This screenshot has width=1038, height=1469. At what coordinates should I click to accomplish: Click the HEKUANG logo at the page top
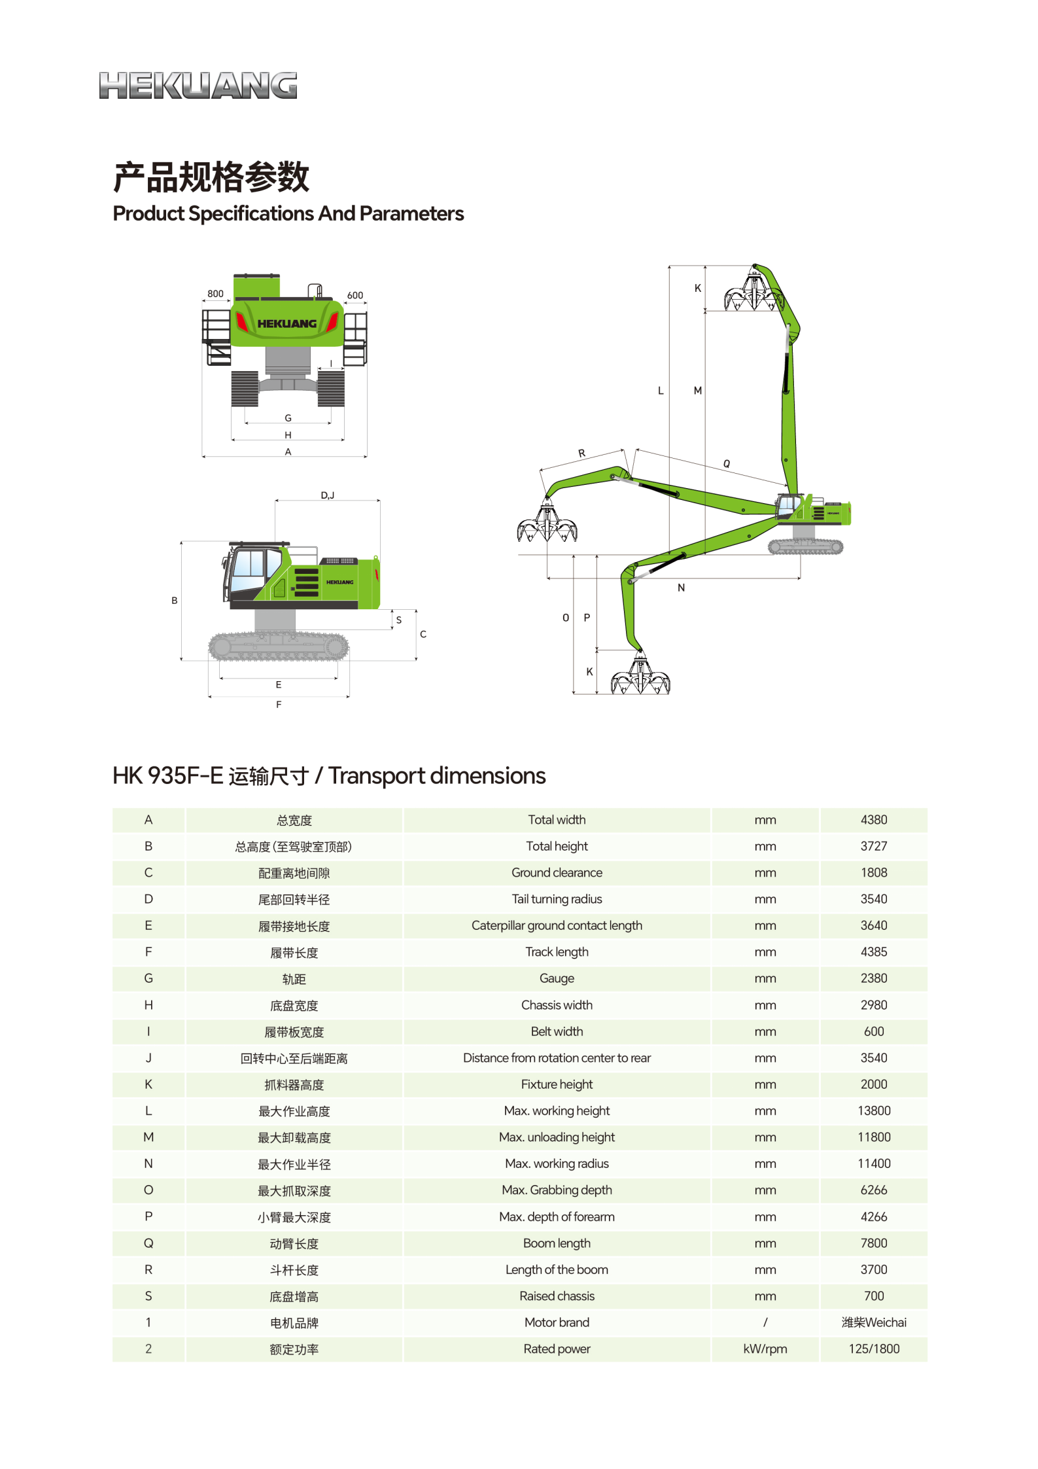198,86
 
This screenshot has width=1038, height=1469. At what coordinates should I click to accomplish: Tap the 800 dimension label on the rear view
215,294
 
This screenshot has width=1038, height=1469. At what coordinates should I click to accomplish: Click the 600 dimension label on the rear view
355,295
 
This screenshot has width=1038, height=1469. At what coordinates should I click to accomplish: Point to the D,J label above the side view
327,495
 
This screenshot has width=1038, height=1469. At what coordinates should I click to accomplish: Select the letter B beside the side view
175,600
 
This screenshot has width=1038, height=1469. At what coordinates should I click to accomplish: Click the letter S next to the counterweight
399,620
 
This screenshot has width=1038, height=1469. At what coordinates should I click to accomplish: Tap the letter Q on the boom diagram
727,463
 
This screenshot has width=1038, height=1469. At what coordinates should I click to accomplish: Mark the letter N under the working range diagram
681,588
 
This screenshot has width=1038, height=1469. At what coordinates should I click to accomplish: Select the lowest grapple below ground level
640,677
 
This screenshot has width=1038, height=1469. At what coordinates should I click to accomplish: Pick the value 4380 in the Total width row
873,820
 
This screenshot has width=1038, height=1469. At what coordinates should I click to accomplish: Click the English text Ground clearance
557,873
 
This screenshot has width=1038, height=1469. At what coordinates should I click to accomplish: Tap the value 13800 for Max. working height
873,1110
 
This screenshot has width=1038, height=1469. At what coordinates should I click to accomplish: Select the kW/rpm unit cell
765,1349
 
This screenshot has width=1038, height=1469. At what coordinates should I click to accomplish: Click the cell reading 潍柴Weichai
873,1322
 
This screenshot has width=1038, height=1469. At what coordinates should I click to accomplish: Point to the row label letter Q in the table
148,1243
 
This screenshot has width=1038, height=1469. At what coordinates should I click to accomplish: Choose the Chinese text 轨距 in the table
294,979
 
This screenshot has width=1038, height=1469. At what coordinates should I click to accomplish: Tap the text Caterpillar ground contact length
557,925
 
